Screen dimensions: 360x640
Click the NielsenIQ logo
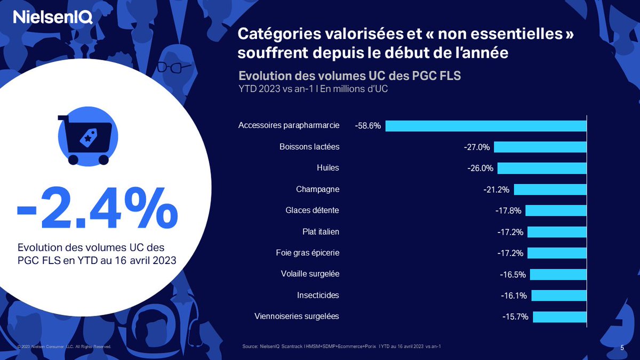53,18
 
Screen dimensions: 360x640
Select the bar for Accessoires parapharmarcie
486,126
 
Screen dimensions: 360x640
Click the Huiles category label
327,168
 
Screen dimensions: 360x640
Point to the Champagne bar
550,189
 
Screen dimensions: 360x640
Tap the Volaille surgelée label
310,274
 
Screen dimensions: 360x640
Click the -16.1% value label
514,295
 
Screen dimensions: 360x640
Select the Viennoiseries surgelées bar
559,317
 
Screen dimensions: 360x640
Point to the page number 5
622,348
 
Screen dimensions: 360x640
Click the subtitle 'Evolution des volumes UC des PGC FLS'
349,76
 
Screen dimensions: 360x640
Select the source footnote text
341,347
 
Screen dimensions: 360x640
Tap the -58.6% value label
367,126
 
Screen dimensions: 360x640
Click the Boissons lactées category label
309,147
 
